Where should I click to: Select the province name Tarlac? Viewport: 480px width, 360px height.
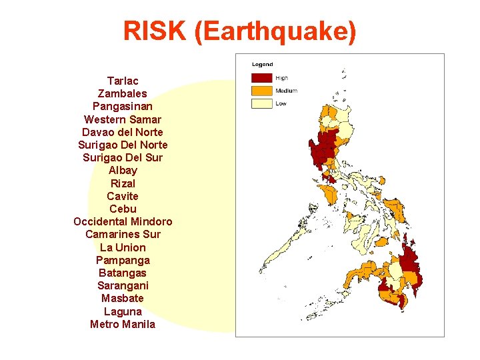pos(123,81)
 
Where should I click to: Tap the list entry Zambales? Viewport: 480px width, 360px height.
pos(123,93)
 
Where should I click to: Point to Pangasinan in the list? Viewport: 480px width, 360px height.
pos(123,106)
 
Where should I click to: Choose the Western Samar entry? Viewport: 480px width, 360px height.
pos(123,119)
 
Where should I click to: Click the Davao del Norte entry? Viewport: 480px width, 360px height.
pos(123,132)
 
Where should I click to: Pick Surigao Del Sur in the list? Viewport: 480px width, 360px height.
pos(123,157)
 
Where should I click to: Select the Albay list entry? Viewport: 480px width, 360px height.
pos(123,170)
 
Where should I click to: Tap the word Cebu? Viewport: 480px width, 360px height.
pos(123,209)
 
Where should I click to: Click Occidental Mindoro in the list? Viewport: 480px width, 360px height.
pos(123,221)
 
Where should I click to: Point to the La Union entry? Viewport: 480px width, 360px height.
pos(123,247)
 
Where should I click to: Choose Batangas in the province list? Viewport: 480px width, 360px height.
pos(123,273)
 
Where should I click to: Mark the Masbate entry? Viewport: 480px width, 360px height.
pos(123,298)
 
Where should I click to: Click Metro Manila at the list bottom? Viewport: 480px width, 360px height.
pos(123,324)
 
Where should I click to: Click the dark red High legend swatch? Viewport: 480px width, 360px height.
pos(261,78)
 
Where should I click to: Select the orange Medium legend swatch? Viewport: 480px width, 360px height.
pos(261,91)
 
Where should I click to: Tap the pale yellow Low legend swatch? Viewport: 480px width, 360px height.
pos(261,103)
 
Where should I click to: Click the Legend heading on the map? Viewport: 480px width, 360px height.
pos(262,65)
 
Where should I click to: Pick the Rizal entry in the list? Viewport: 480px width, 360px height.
pos(123,183)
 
